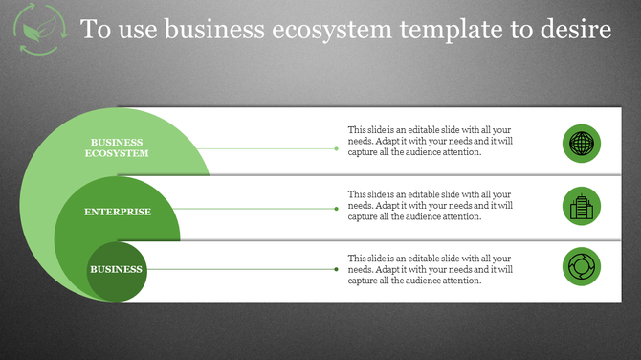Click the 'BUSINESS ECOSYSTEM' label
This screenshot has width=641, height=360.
[x=117, y=148]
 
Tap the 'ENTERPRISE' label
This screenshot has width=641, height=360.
[x=117, y=211]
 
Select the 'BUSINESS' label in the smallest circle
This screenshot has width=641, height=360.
[x=116, y=269]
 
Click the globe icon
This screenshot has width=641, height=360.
[x=581, y=144]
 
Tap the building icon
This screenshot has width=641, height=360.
[x=581, y=206]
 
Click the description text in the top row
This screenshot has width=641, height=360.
[x=431, y=141]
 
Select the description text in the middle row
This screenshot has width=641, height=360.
[x=431, y=205]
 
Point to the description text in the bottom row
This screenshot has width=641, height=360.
[x=431, y=269]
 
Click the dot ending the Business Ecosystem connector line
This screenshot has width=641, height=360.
[x=336, y=148]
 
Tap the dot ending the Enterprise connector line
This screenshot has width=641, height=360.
[x=336, y=209]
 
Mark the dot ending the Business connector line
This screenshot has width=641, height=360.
[x=336, y=269]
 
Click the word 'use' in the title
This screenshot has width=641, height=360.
[x=136, y=31]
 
